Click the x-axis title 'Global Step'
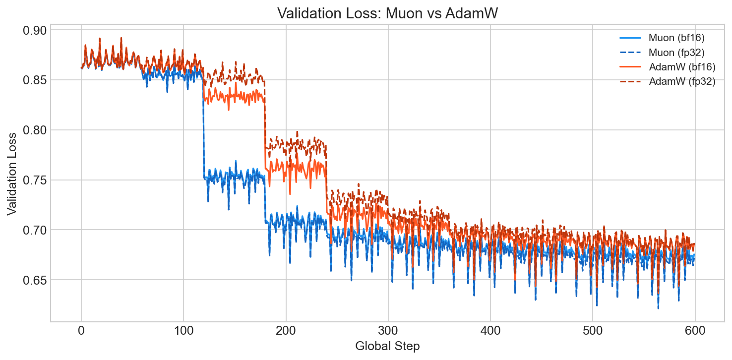tap(387, 346)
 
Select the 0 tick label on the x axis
tap(81, 330)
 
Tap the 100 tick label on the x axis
tap(183, 330)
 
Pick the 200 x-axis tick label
tap(286, 330)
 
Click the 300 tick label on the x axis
tap(388, 330)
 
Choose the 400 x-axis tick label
tap(490, 330)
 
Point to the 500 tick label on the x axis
tap(592, 330)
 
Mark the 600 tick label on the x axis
tap(694, 330)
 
